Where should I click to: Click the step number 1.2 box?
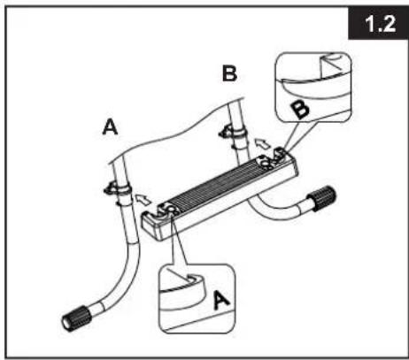pos(378,23)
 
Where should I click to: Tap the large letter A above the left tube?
pos(110,126)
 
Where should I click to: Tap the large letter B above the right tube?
pos(229,73)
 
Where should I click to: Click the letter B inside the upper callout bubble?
pos(300,109)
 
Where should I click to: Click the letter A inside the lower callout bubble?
pos(221,300)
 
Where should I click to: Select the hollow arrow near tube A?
pos(143,199)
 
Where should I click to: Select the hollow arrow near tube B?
pos(262,143)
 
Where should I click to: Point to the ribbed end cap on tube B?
pos(321,198)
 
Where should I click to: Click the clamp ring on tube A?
pos(118,188)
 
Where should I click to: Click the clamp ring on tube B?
pos(233,133)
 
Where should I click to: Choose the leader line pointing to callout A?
pos(178,241)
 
